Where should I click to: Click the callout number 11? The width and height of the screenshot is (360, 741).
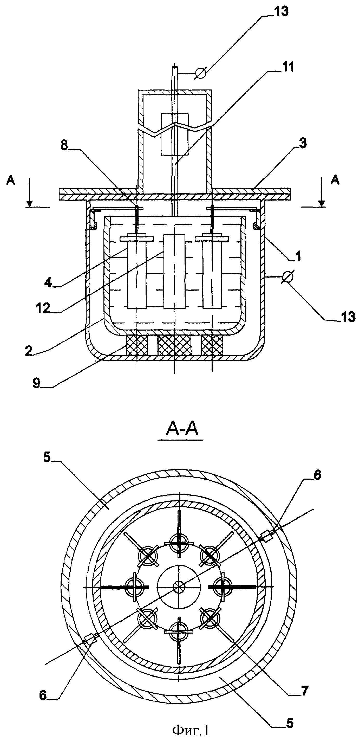tap(287, 67)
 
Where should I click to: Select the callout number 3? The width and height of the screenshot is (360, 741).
tap(303, 143)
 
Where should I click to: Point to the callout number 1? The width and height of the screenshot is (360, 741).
tap(299, 255)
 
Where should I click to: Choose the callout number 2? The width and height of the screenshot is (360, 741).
tap(29, 351)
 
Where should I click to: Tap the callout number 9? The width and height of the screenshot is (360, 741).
tap(36, 383)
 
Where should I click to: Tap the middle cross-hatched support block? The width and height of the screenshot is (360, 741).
tap(174, 345)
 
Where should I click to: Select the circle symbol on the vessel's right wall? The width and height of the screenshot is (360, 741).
tap(287, 277)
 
